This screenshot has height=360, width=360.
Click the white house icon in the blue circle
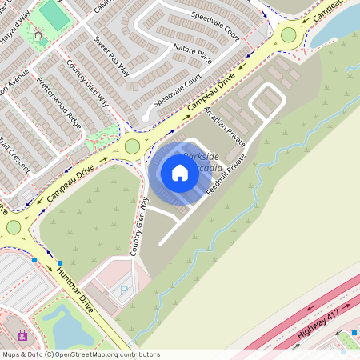pos(179,172)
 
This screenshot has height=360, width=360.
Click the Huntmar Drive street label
pos(74,290)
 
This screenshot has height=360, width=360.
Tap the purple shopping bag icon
pos(22,334)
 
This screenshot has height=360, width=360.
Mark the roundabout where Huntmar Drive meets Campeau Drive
pos(13,227)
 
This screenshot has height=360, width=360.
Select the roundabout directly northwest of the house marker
pos(132,146)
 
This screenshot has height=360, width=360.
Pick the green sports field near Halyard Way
pos(54,13)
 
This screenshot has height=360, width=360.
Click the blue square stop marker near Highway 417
pos(354,332)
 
